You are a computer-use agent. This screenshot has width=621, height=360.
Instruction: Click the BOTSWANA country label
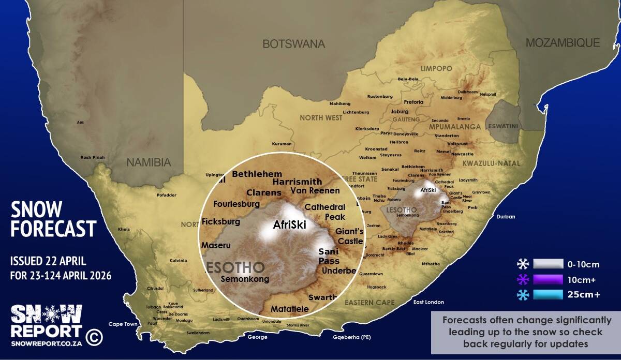pyautogui.click(x=293, y=44)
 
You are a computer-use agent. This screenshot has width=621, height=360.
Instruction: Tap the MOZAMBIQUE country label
pyautogui.click(x=563, y=43)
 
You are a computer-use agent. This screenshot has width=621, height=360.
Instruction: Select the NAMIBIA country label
pyautogui.click(x=149, y=162)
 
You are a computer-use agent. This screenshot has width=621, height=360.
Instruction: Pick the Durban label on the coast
pyautogui.click(x=506, y=217)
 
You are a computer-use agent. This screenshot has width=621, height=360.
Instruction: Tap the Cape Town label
pyautogui.click(x=123, y=324)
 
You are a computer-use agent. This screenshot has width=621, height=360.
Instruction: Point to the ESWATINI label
pyautogui.click(x=504, y=125)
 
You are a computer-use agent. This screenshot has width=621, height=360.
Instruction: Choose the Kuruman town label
pyautogui.click(x=282, y=144)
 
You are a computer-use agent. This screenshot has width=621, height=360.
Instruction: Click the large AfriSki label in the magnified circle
pyautogui.click(x=290, y=225)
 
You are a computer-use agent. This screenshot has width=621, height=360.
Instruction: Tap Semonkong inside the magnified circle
pyautogui.click(x=245, y=279)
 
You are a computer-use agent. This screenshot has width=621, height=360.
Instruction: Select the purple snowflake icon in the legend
pyautogui.click(x=523, y=280)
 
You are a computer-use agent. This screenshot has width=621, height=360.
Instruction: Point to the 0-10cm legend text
pyautogui.click(x=583, y=265)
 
